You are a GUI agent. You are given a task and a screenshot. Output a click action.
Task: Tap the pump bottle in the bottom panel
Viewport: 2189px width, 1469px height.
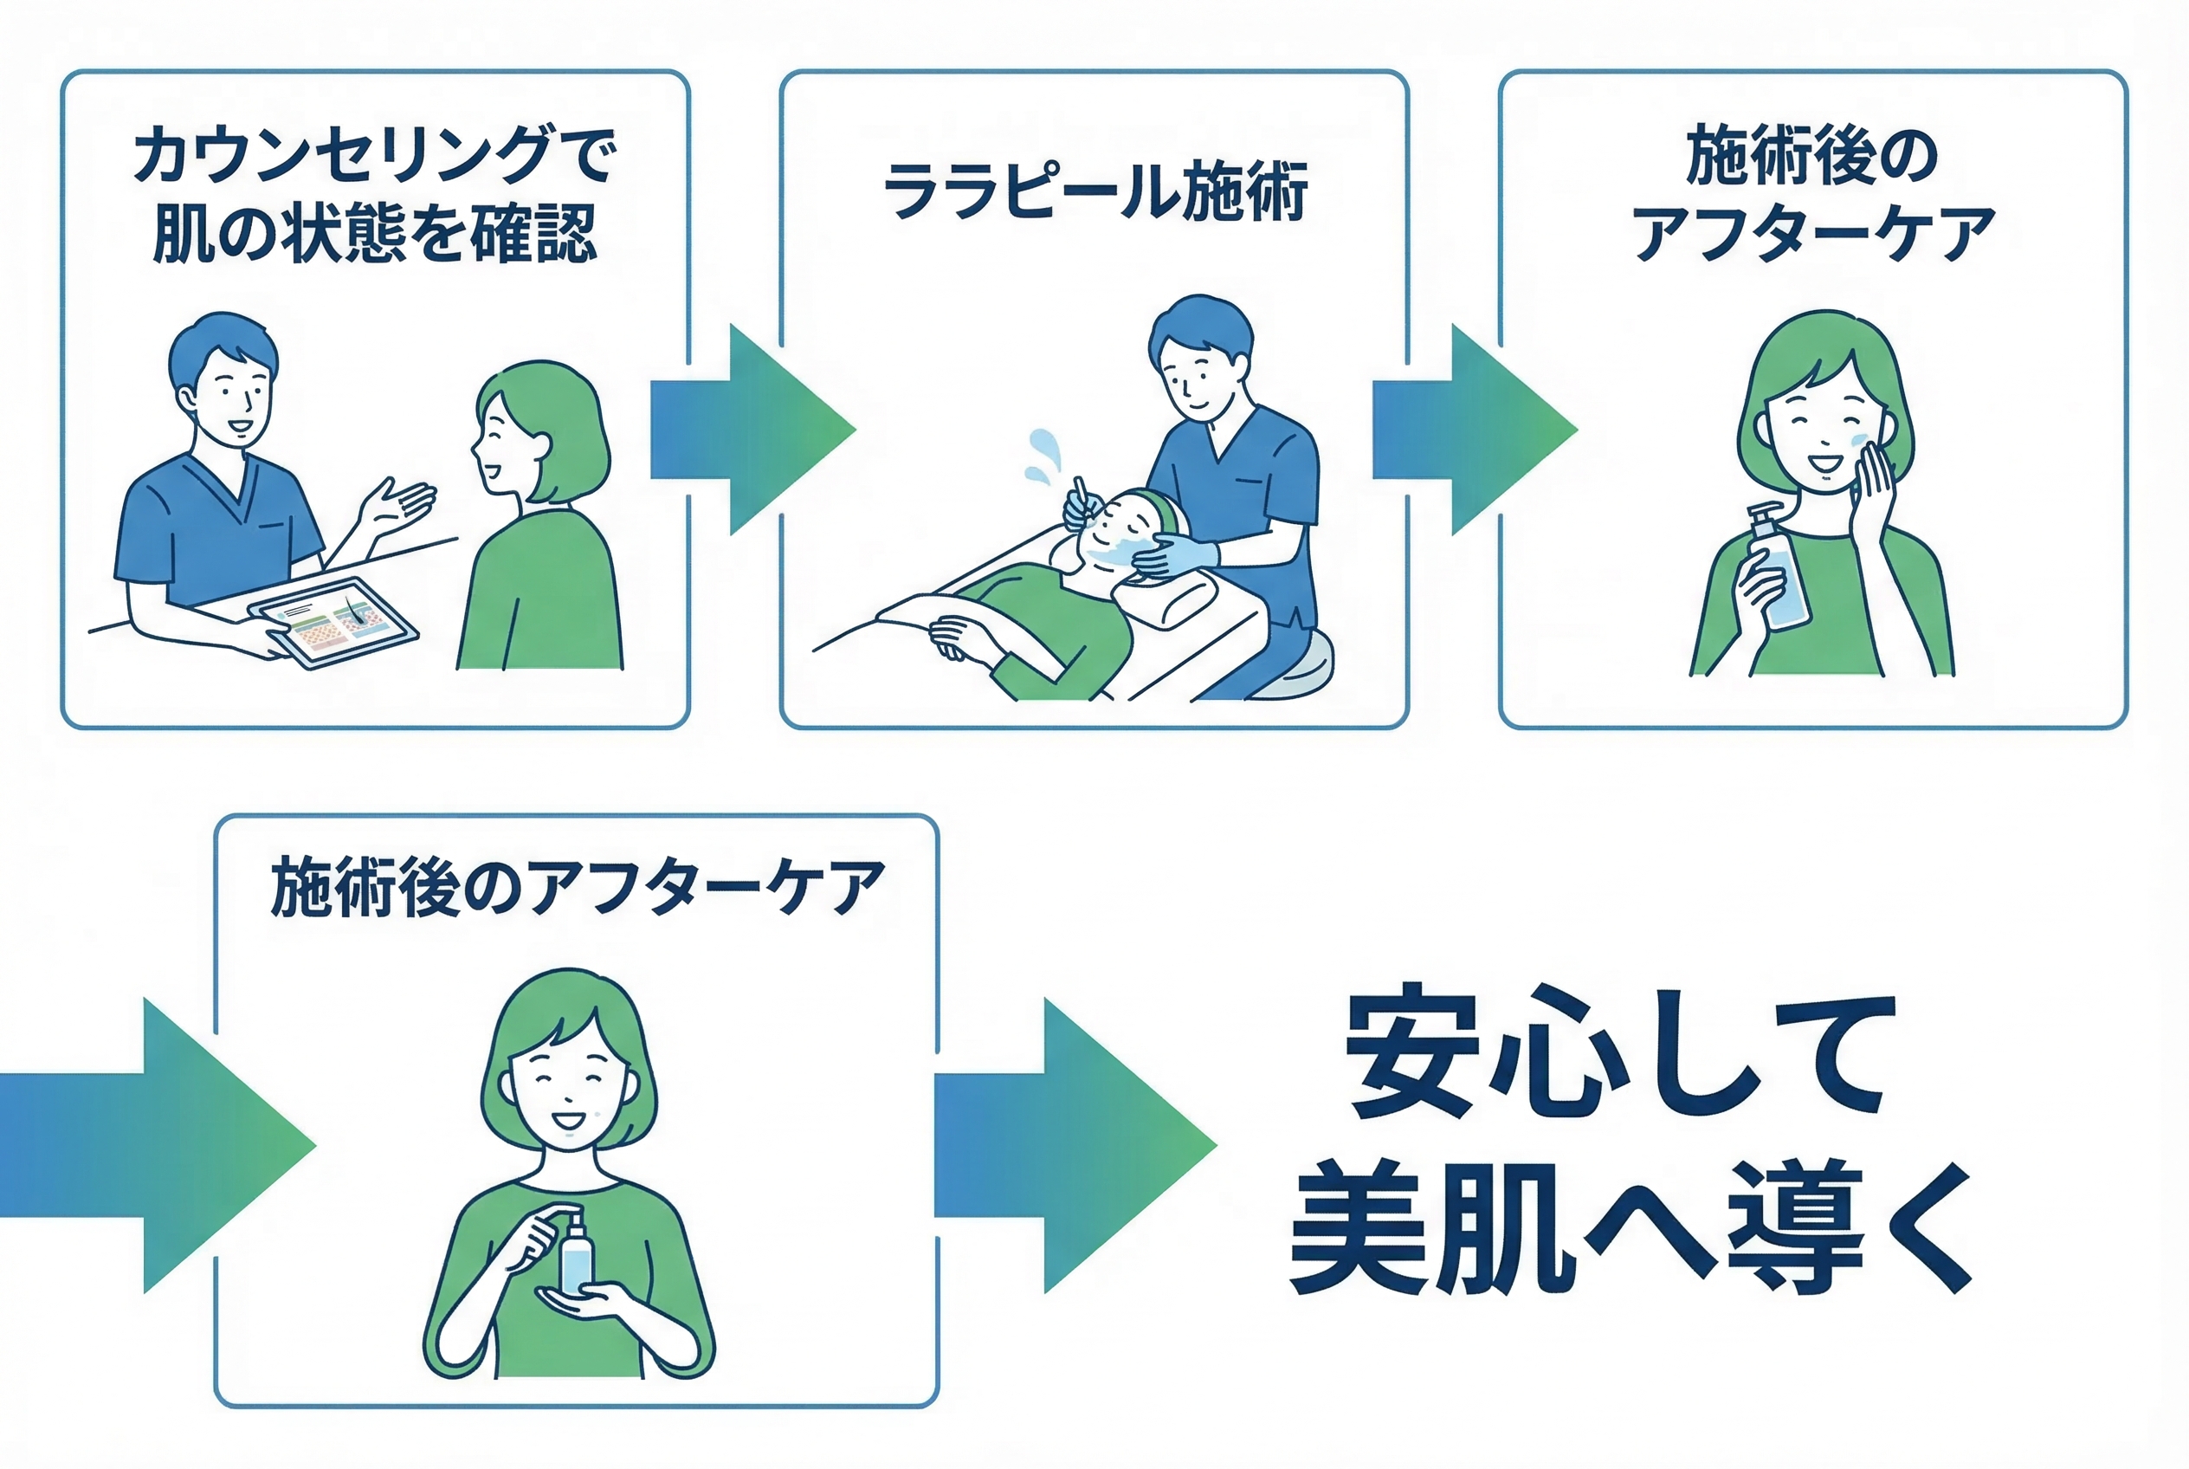coord(576,1255)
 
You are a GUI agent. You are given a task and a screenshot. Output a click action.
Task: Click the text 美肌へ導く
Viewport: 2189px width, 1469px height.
coord(1630,1227)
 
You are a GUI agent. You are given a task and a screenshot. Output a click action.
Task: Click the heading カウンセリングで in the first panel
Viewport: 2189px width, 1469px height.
coord(375,154)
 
